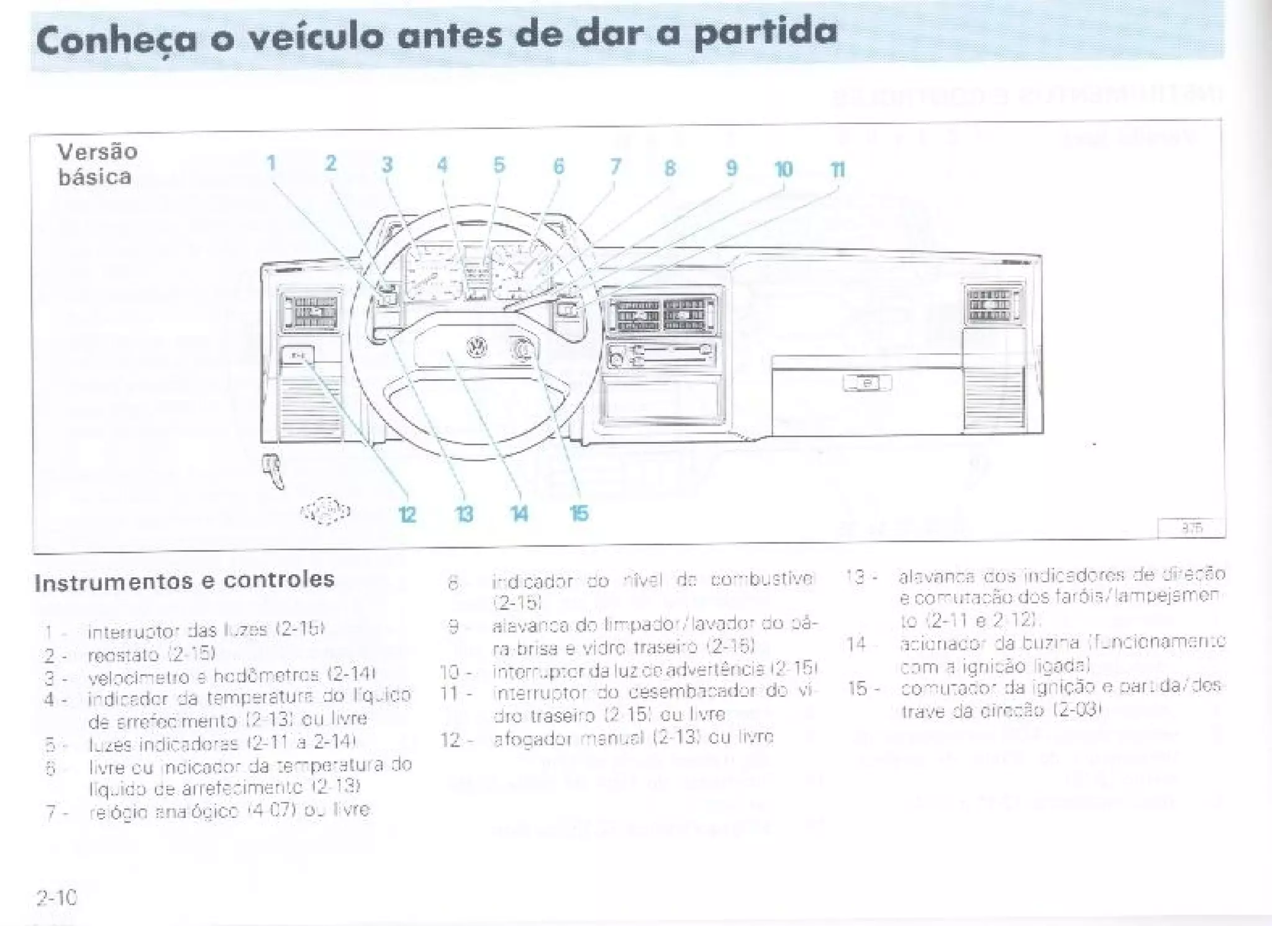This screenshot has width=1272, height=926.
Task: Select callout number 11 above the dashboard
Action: (838, 169)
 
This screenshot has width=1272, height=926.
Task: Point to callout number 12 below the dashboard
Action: (407, 515)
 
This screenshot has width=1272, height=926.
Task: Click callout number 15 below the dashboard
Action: (578, 513)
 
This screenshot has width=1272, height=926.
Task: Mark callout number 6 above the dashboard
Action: (558, 166)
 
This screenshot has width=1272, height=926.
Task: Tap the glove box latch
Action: (867, 383)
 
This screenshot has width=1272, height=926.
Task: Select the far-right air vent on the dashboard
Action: (990, 305)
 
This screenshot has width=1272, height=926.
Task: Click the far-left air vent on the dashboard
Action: (309, 311)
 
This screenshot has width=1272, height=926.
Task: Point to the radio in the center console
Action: (660, 356)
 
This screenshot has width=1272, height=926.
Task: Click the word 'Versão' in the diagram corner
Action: (97, 151)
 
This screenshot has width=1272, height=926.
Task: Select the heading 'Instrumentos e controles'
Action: (184, 581)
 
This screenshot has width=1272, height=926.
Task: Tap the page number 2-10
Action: (57, 897)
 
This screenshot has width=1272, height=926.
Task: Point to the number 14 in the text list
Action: (855, 644)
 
